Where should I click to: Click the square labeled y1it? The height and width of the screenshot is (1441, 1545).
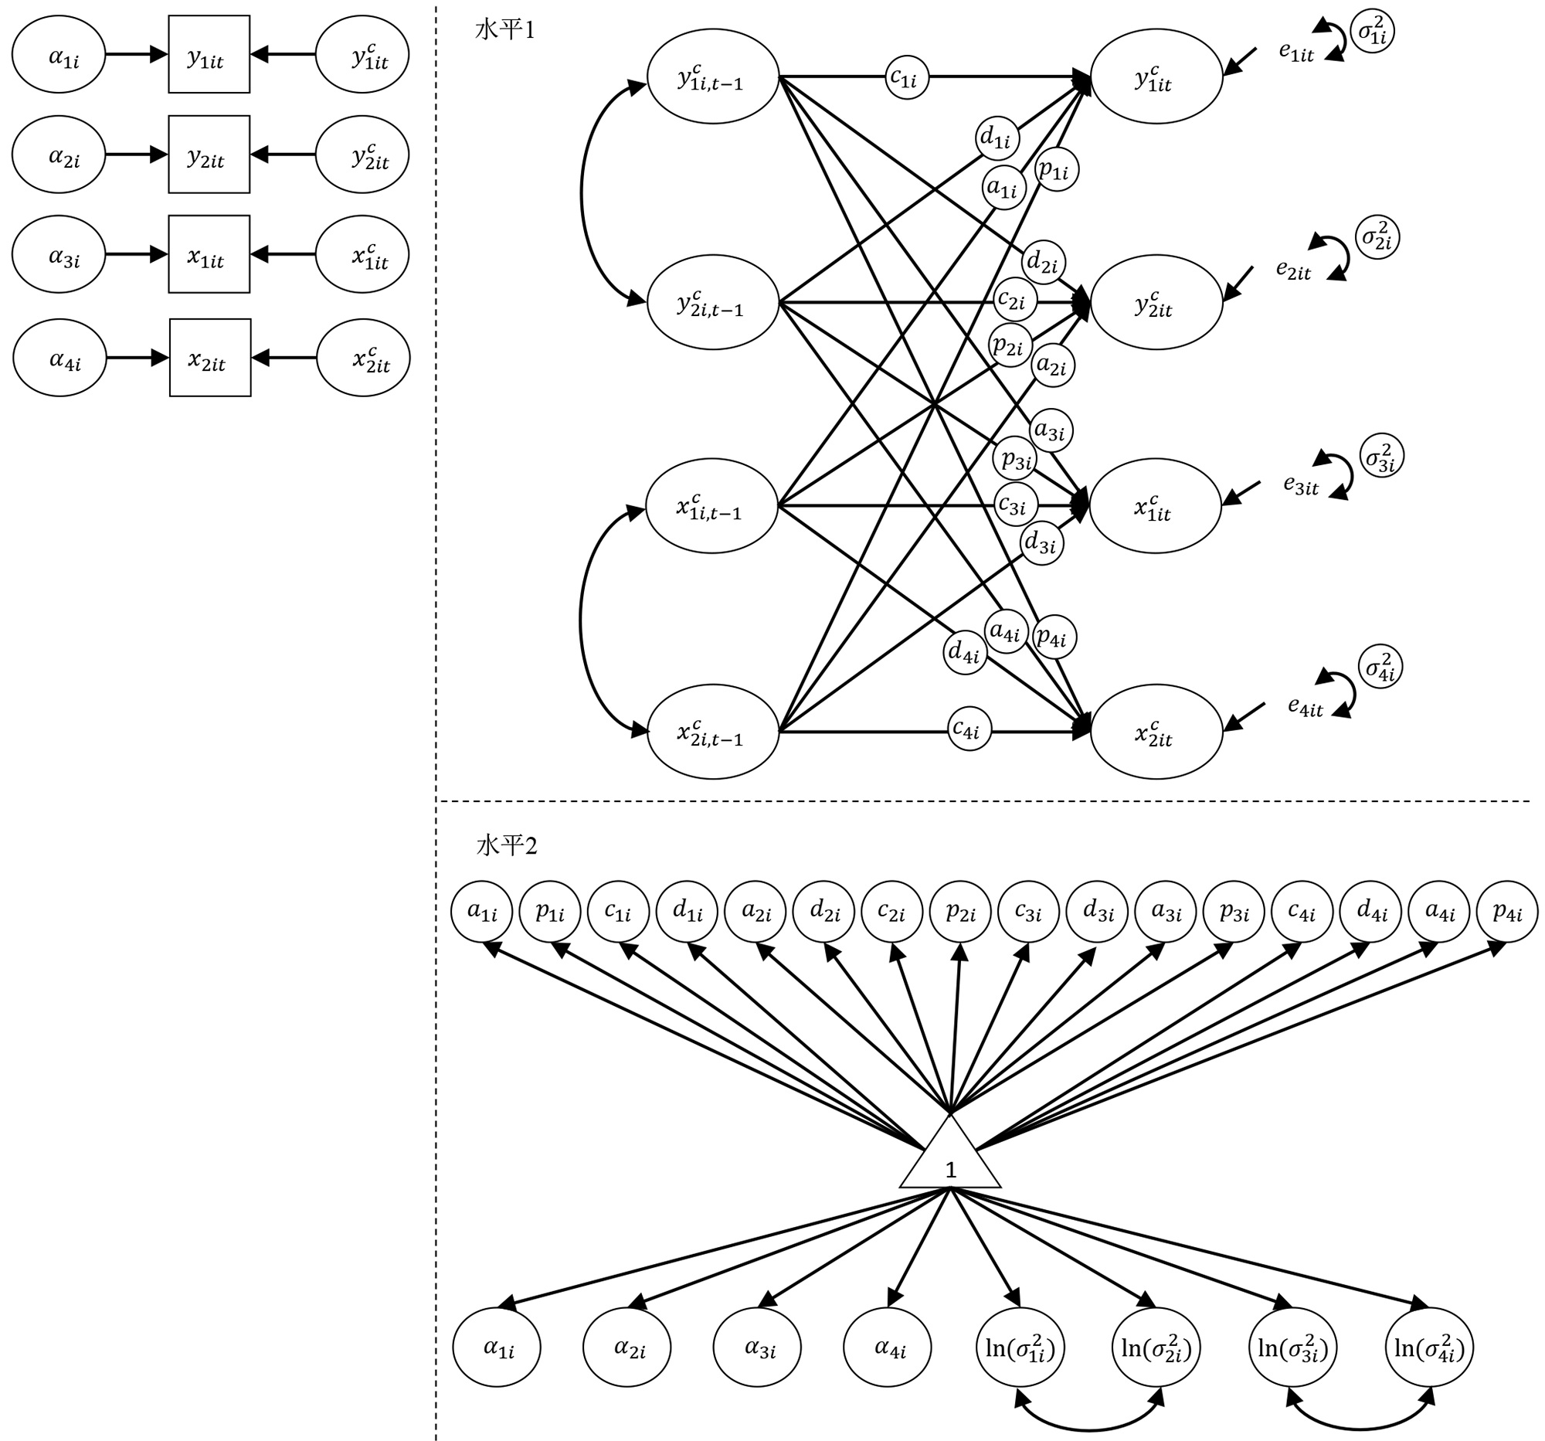tap(209, 54)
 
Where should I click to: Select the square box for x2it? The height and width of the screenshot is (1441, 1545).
tap(210, 359)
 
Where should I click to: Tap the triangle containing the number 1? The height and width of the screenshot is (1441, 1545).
tap(949, 1159)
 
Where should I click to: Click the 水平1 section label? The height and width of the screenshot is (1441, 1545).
tap(504, 31)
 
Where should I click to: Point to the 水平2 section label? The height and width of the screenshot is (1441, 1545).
tap(506, 845)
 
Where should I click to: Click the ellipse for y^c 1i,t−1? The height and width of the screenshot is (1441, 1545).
tap(713, 77)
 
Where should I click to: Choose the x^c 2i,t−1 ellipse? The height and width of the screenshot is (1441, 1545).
tap(713, 732)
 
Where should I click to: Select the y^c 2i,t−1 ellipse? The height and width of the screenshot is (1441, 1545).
tap(713, 304)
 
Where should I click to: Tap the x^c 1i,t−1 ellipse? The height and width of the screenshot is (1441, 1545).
tap(712, 506)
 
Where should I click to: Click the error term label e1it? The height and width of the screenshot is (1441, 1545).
tap(1296, 52)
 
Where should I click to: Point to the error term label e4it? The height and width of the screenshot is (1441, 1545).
tap(1305, 706)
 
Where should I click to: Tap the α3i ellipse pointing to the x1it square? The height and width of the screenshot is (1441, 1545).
tap(59, 254)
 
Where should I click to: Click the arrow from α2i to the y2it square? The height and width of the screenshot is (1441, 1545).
tap(137, 155)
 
